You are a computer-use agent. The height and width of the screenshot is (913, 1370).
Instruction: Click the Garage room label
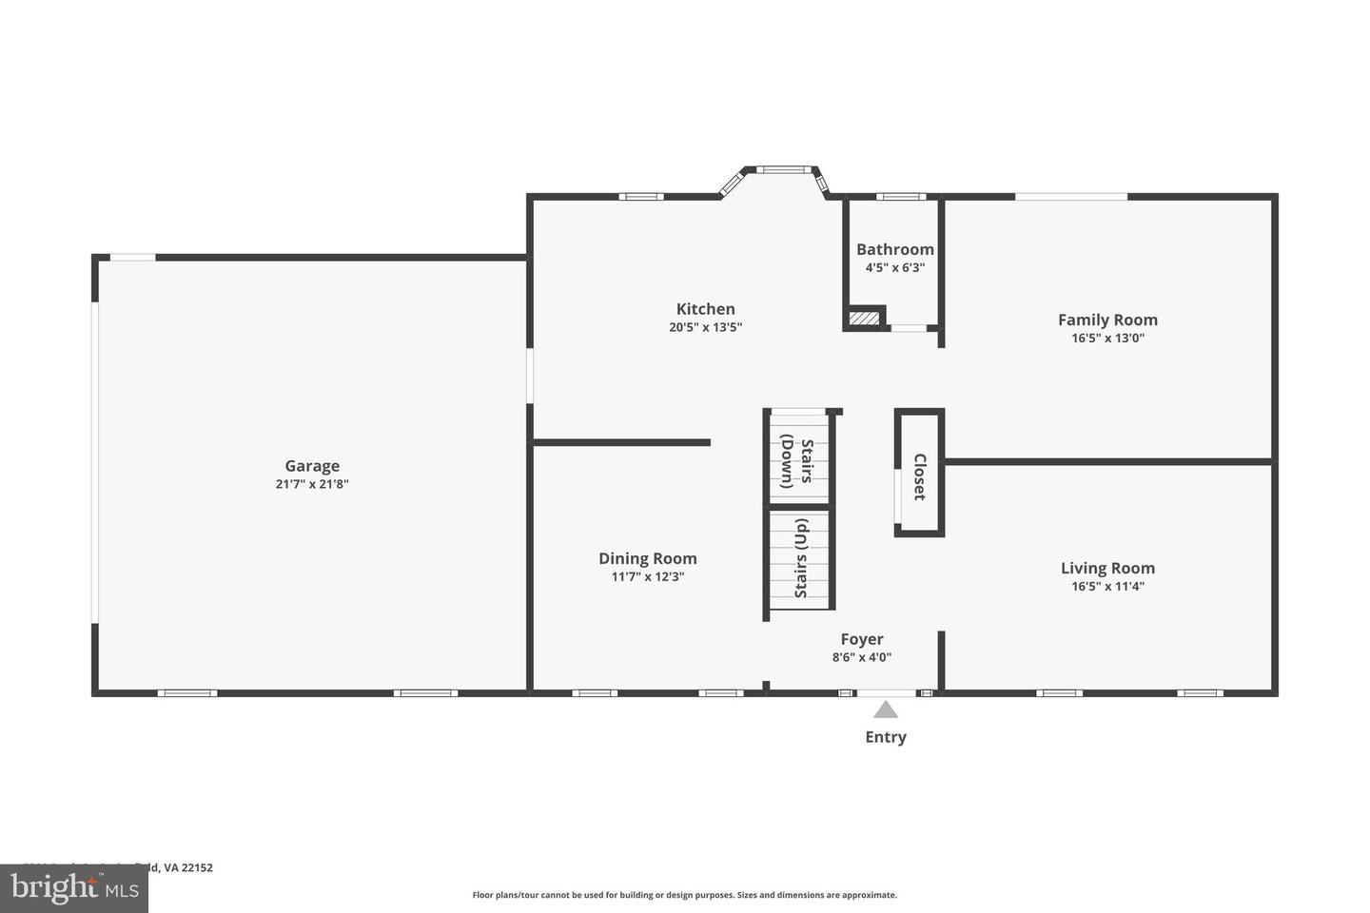pyautogui.click(x=312, y=466)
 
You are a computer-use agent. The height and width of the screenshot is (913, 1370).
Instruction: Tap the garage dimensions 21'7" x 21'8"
pyautogui.click(x=312, y=484)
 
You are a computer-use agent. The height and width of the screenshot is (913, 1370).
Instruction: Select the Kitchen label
pyautogui.click(x=705, y=309)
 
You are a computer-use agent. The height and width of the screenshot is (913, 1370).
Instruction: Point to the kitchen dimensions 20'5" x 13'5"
pyautogui.click(x=705, y=327)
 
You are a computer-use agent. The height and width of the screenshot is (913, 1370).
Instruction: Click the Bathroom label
pyautogui.click(x=894, y=249)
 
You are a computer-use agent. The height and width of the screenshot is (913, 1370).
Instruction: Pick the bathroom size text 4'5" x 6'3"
pyautogui.click(x=894, y=268)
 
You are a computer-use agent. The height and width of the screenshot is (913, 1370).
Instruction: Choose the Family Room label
pyautogui.click(x=1107, y=320)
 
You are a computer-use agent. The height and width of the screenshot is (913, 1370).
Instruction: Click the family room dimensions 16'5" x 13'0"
pyautogui.click(x=1107, y=338)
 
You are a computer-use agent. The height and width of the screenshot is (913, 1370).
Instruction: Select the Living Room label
pyautogui.click(x=1107, y=568)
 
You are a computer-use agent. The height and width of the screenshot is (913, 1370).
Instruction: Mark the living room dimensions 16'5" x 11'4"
pyautogui.click(x=1107, y=587)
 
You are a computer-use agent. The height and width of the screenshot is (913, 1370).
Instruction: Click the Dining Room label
pyautogui.click(x=647, y=558)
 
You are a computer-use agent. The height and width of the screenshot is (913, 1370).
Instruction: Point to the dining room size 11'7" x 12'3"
pyautogui.click(x=647, y=576)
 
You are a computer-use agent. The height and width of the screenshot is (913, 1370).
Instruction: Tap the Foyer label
pyautogui.click(x=861, y=639)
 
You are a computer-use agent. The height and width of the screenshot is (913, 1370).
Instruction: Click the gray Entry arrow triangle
pyautogui.click(x=886, y=709)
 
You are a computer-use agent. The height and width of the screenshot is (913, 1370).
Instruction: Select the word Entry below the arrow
pyautogui.click(x=886, y=737)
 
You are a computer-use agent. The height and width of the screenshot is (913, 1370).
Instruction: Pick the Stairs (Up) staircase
pyautogui.click(x=800, y=559)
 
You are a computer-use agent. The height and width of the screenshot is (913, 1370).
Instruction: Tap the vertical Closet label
pyautogui.click(x=919, y=476)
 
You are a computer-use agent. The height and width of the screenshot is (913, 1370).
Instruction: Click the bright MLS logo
pyautogui.click(x=73, y=888)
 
